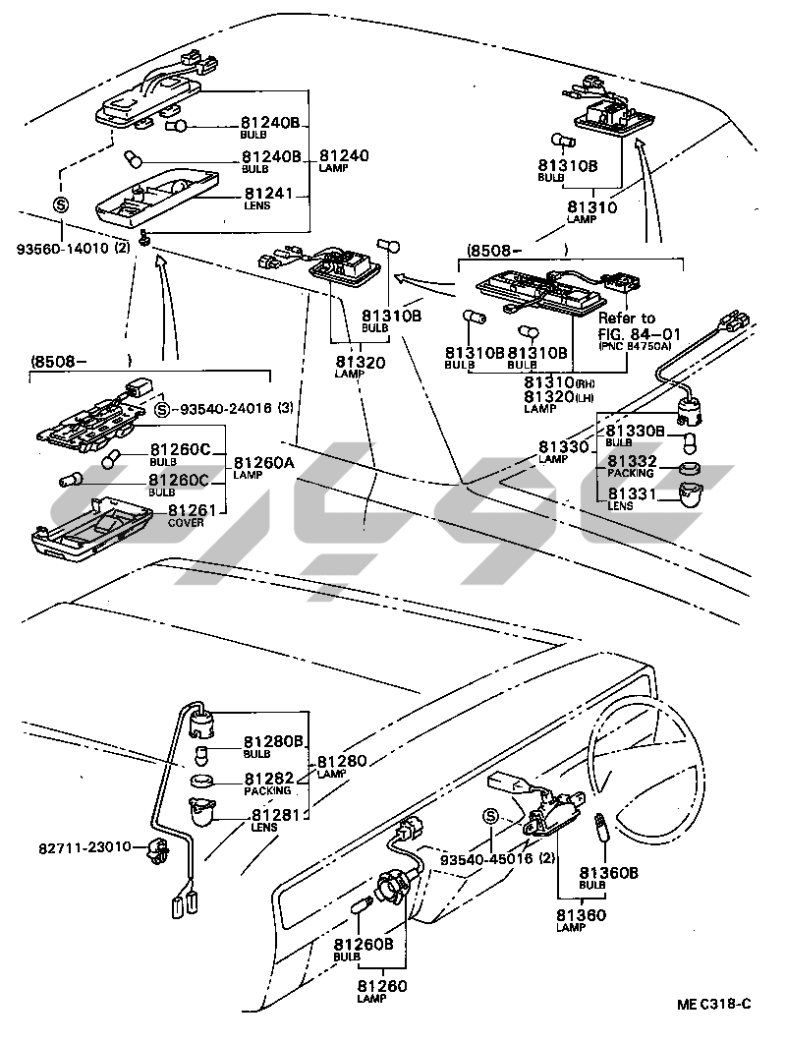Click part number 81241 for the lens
(269, 194)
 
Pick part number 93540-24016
(227, 408)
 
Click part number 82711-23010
(85, 846)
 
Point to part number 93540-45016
(485, 858)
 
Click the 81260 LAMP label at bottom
(381, 990)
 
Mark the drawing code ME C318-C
(713, 1003)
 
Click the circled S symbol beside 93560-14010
(60, 205)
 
